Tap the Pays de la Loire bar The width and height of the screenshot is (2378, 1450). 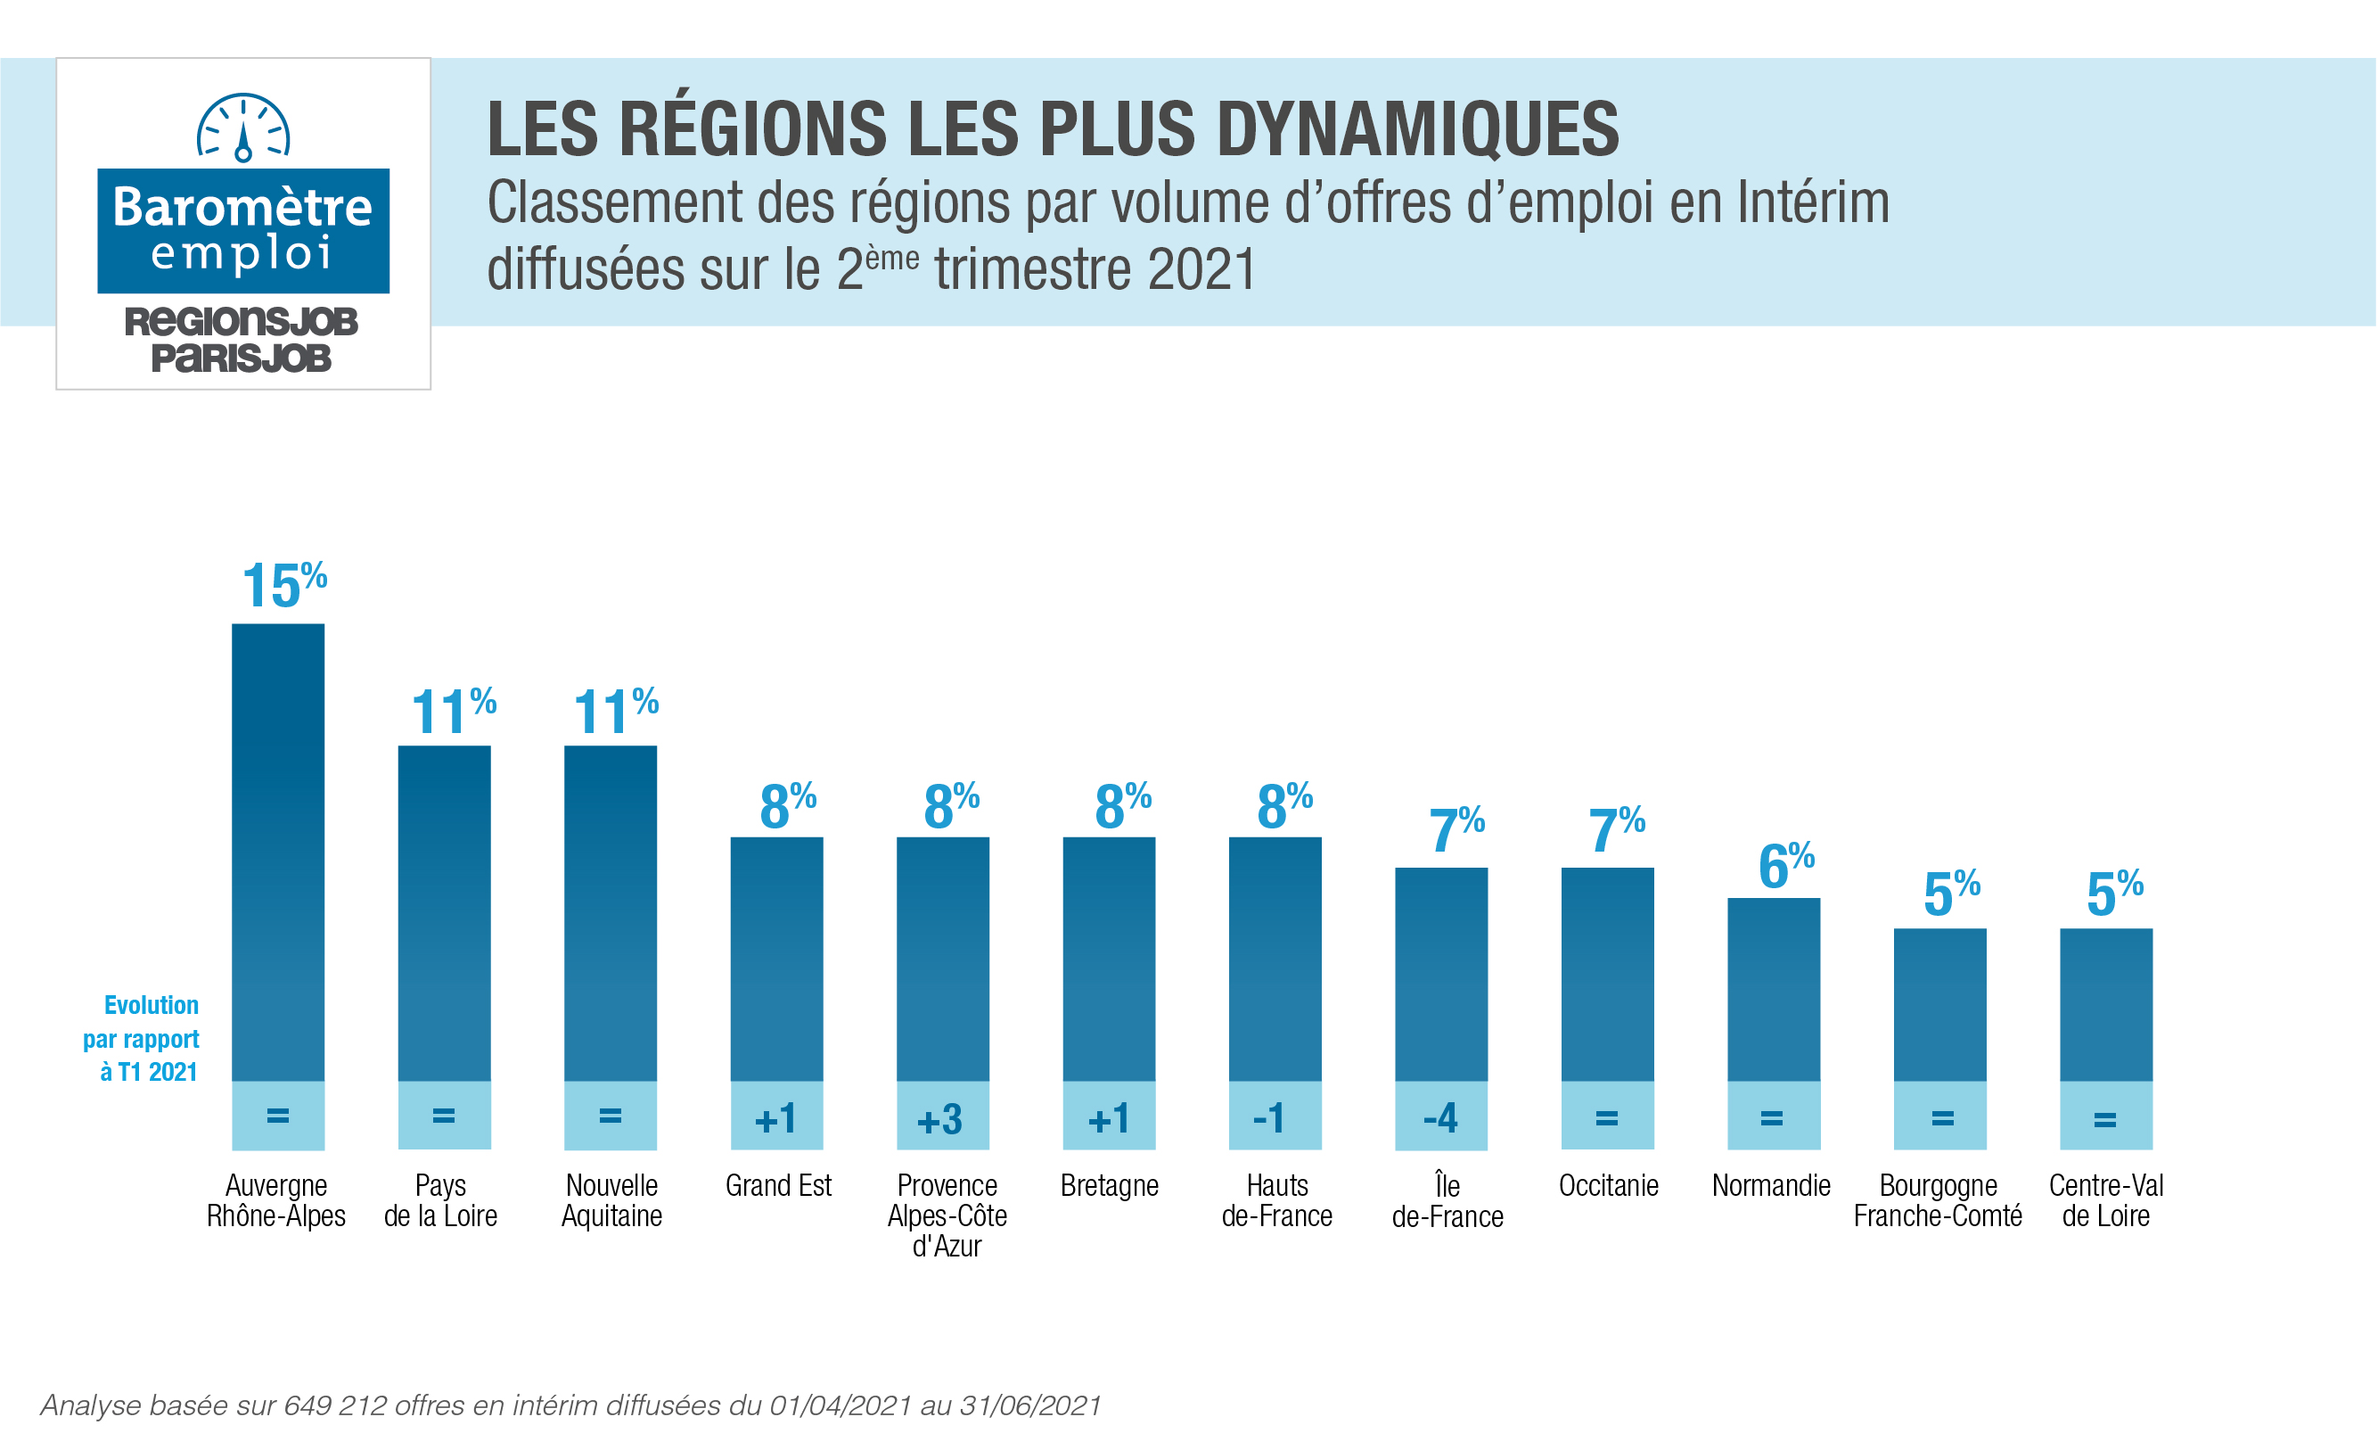point(444,912)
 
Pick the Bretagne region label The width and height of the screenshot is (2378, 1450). point(1109,1185)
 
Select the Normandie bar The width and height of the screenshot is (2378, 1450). point(1773,989)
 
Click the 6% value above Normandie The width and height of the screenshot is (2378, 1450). point(1785,865)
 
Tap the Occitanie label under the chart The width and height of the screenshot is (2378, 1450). point(1608,1185)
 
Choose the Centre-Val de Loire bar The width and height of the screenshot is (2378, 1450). point(2106,1004)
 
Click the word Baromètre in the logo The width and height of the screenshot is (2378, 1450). point(242,207)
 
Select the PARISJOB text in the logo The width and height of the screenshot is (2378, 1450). point(242,358)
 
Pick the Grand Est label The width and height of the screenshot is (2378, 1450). point(778,1185)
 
